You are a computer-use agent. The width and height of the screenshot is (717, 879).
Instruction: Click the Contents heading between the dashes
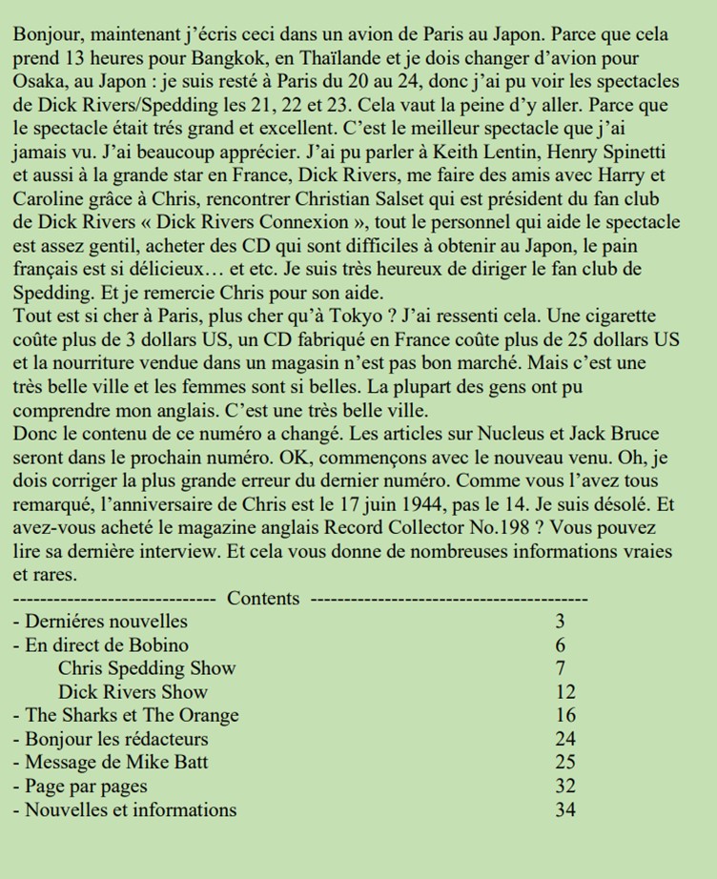(263, 599)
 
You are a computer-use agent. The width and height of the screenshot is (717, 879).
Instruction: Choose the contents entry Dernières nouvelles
(107, 623)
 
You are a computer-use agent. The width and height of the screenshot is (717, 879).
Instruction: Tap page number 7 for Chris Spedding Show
(561, 668)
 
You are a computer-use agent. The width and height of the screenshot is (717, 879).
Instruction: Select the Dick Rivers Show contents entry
(133, 692)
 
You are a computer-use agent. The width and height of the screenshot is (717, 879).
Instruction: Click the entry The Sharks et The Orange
(132, 715)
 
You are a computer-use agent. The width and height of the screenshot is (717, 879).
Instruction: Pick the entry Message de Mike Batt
(116, 762)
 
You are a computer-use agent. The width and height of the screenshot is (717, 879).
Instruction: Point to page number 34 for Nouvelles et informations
(564, 810)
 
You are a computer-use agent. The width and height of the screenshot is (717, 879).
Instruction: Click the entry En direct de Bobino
(107, 645)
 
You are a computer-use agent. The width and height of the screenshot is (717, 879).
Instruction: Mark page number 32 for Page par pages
(564, 787)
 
